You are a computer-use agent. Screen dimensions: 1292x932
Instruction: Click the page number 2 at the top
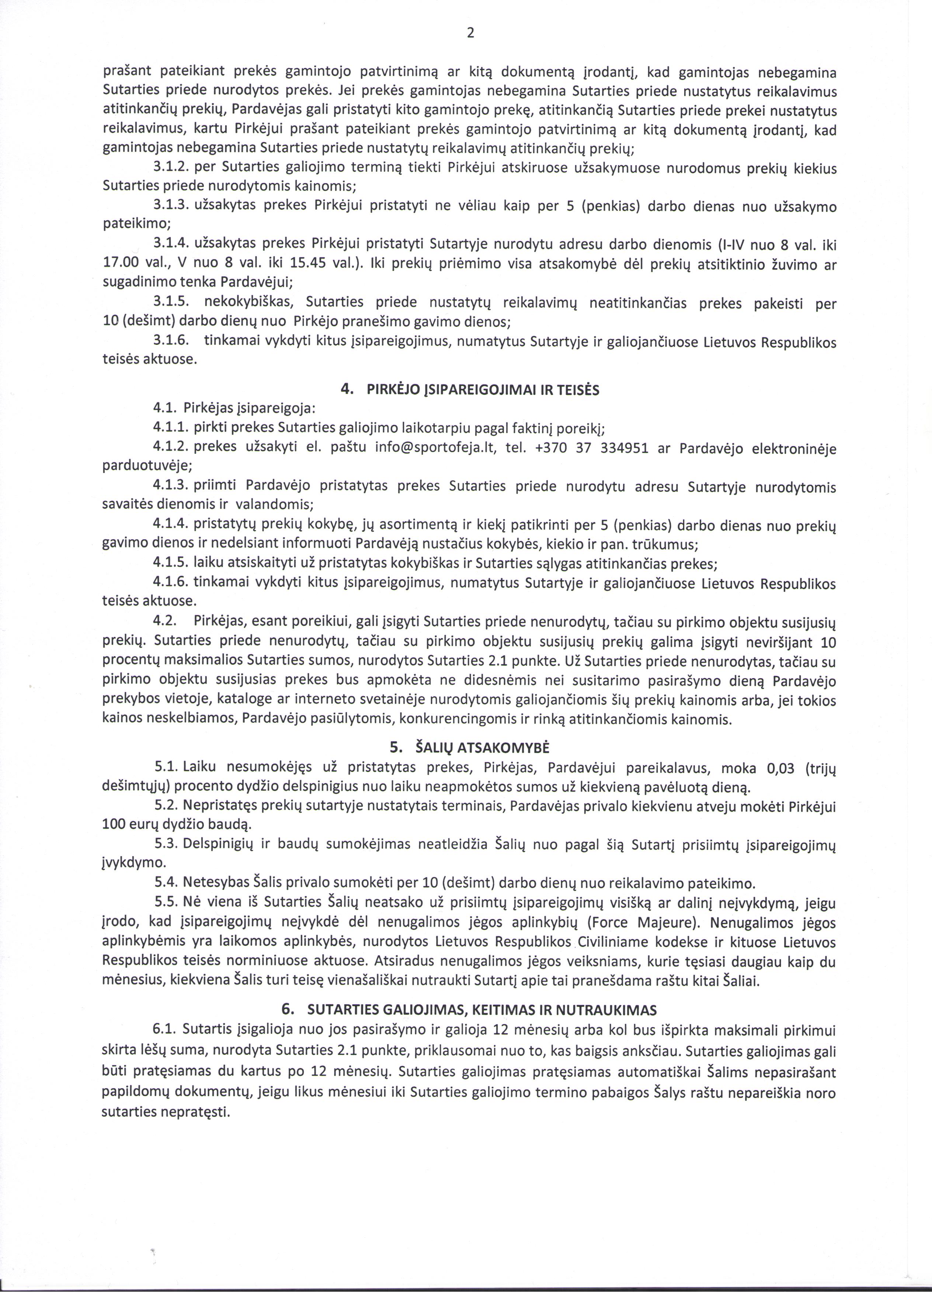point(470,34)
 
